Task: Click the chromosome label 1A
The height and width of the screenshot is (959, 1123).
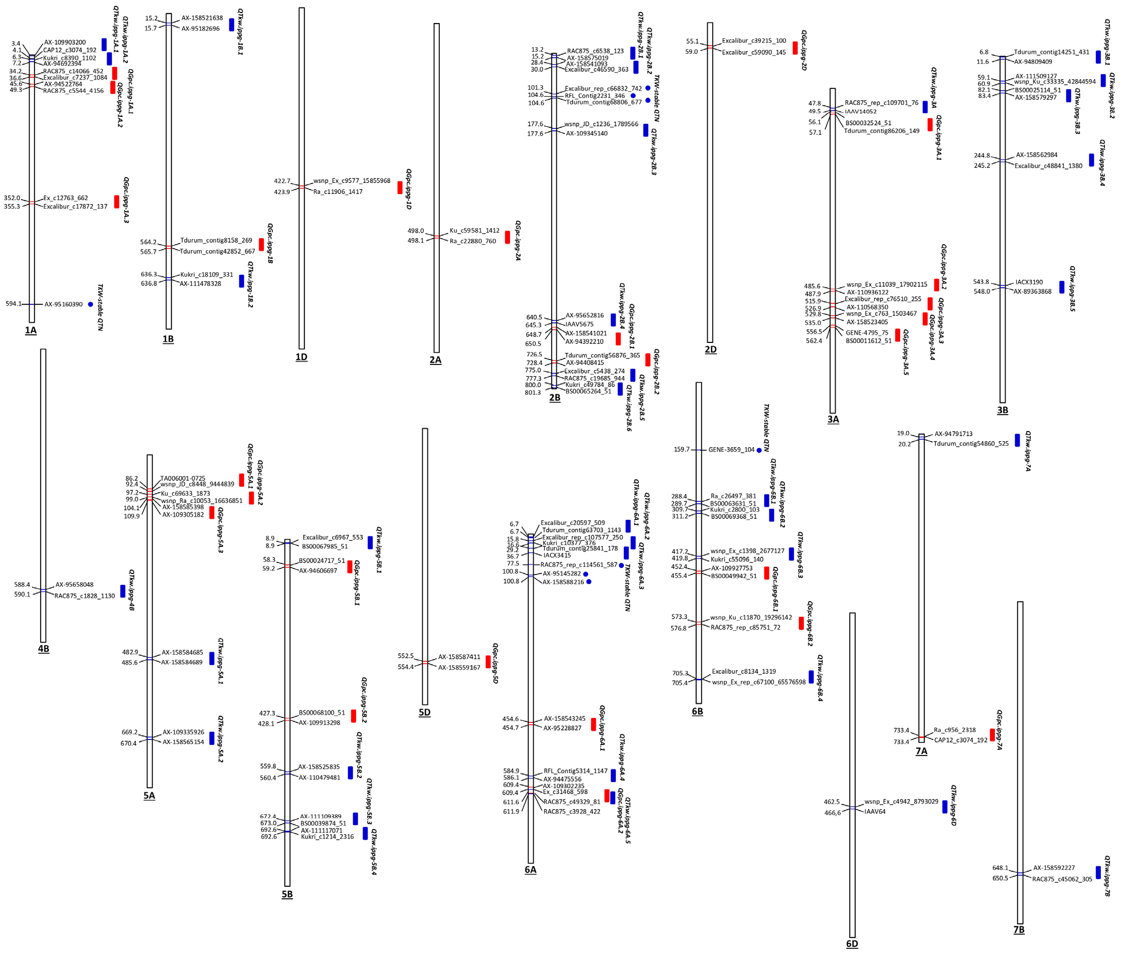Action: coord(31,330)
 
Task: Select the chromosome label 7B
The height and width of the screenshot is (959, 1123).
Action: coord(1019,930)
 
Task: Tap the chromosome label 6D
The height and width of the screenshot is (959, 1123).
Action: coord(852,944)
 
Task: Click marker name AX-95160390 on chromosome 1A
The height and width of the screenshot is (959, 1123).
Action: coord(63,304)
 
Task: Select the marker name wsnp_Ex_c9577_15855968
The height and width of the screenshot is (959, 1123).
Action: coord(352,181)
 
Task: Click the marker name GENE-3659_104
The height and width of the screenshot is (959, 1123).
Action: coord(731,450)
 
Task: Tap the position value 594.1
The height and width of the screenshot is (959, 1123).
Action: coord(14,304)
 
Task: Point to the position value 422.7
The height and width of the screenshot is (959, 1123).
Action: coord(282,181)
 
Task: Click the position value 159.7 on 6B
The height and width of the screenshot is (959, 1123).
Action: coord(681,450)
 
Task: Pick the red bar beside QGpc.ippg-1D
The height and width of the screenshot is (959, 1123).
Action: coord(400,187)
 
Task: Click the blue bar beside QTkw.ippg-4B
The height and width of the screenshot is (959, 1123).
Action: coord(123,591)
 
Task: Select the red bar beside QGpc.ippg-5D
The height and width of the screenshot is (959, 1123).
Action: coord(488,662)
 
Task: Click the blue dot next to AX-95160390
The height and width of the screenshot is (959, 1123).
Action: coord(90,304)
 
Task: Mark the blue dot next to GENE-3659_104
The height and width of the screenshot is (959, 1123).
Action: coord(759,450)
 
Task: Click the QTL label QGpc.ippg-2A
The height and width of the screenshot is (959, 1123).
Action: coord(518,241)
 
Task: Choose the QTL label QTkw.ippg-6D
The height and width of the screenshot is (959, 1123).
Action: coord(953,805)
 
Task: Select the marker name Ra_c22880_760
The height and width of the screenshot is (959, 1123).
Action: coord(472,241)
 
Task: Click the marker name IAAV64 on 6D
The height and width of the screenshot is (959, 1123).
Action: coord(875,812)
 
